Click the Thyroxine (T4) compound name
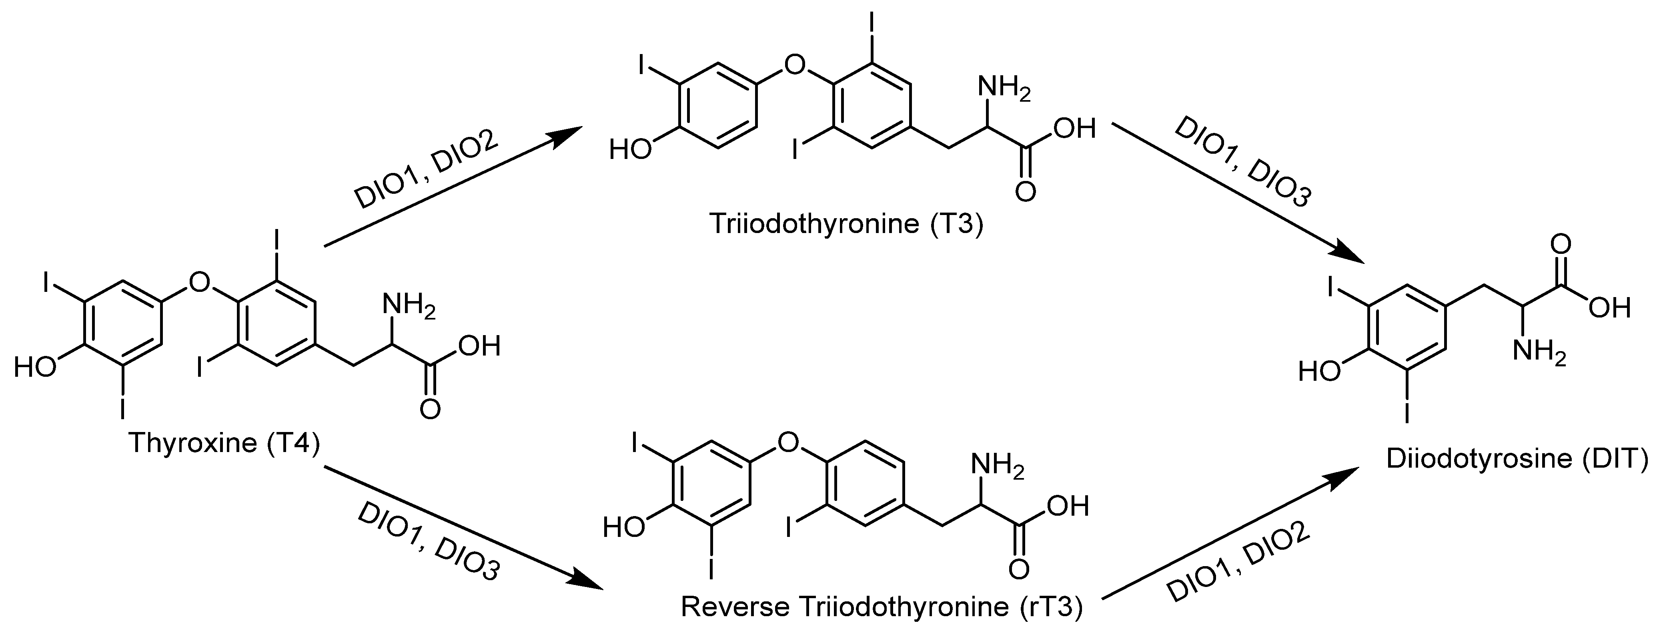point(224,443)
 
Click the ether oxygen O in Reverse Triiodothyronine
point(787,442)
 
